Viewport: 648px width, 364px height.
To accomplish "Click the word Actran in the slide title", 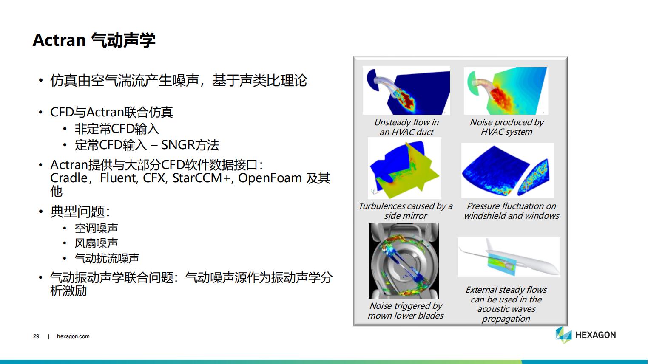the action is click(x=59, y=40).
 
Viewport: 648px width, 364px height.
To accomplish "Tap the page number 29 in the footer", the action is click(x=36, y=336).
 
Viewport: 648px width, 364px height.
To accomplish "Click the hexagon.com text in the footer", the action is click(x=73, y=336).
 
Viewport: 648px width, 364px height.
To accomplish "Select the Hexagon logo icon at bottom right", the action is click(x=563, y=335).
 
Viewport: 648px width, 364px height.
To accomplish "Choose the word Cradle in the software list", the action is click(x=69, y=178).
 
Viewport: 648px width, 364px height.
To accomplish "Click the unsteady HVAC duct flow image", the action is click(x=406, y=90).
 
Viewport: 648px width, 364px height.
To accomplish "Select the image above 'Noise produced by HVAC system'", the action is click(x=506, y=91).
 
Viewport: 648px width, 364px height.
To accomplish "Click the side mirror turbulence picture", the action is click(x=404, y=168).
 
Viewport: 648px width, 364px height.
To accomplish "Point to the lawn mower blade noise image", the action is click(x=404, y=261).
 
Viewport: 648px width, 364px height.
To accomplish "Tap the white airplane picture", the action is click(x=509, y=257).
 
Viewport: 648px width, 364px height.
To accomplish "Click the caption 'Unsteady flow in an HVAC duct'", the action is click(x=406, y=127).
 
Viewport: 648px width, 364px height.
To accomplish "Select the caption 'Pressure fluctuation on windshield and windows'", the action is click(x=512, y=211).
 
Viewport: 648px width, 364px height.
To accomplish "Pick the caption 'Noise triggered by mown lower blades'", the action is click(x=406, y=310).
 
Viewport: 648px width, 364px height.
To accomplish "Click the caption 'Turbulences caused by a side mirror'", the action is click(x=406, y=211).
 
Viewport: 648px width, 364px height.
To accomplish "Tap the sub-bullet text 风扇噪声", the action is click(x=96, y=243).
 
